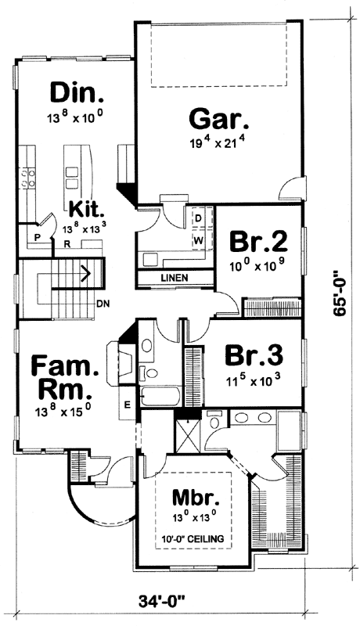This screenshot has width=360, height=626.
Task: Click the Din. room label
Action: [77, 93]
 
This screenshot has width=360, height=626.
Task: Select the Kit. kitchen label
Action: [82, 208]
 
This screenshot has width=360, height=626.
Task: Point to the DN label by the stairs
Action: [102, 303]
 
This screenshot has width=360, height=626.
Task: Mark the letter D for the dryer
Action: [198, 217]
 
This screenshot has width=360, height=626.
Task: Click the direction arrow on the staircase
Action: [82, 275]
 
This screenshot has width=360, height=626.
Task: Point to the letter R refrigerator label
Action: [67, 243]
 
